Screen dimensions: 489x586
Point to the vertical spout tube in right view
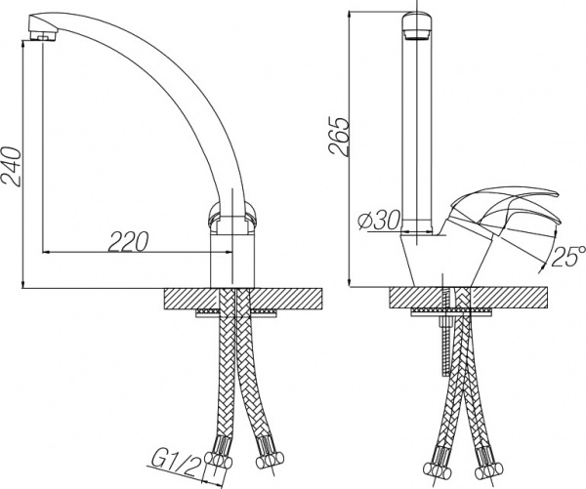pyautogui.click(x=414, y=127)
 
